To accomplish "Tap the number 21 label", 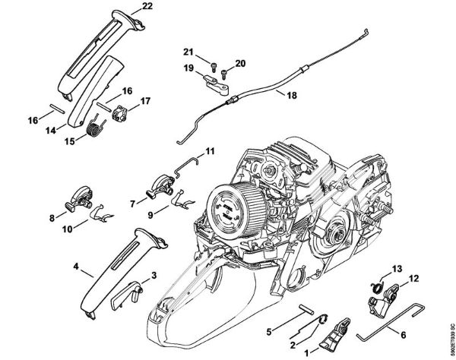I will pyautogui.click(x=187, y=52).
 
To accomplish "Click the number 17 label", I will pyautogui.click(x=145, y=100).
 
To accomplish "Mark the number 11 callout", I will pyautogui.click(x=211, y=150).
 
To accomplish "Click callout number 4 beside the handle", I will pyautogui.click(x=77, y=267).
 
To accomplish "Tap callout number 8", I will pyautogui.click(x=52, y=218).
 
